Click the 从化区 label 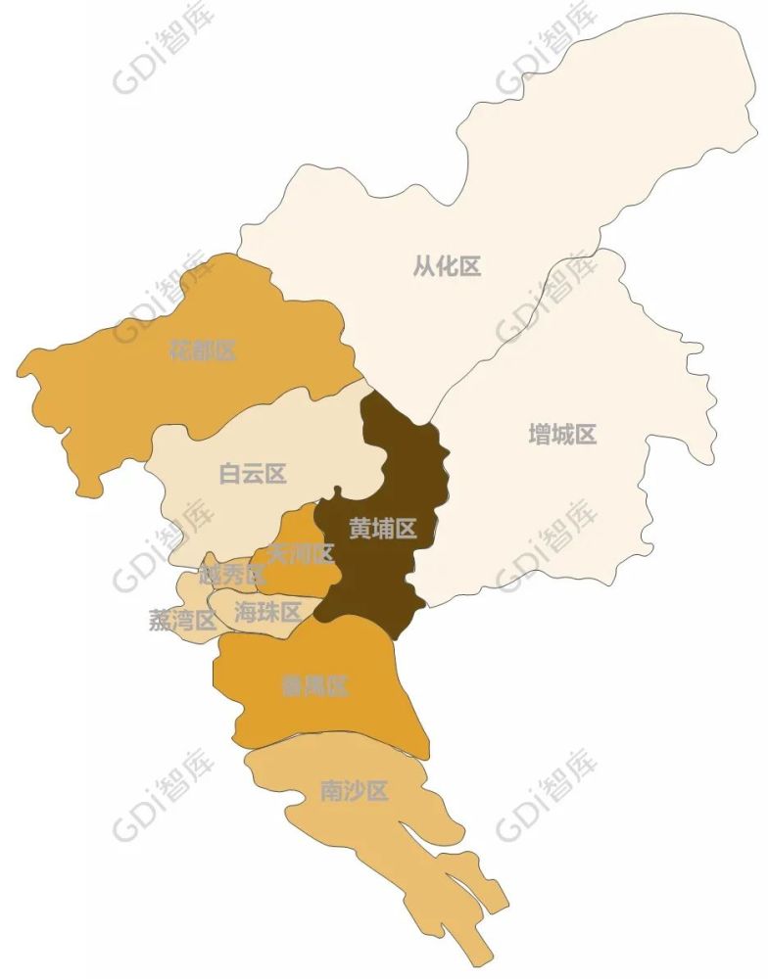tap(447, 265)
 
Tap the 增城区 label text tap(562, 435)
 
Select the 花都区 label tap(202, 350)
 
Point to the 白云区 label tap(253, 474)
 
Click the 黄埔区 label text tap(383, 529)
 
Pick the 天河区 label tap(301, 554)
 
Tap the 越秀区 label tap(232, 576)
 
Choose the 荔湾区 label tap(182, 620)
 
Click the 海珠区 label tap(267, 613)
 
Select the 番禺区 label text tap(314, 686)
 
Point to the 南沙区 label tap(355, 791)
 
